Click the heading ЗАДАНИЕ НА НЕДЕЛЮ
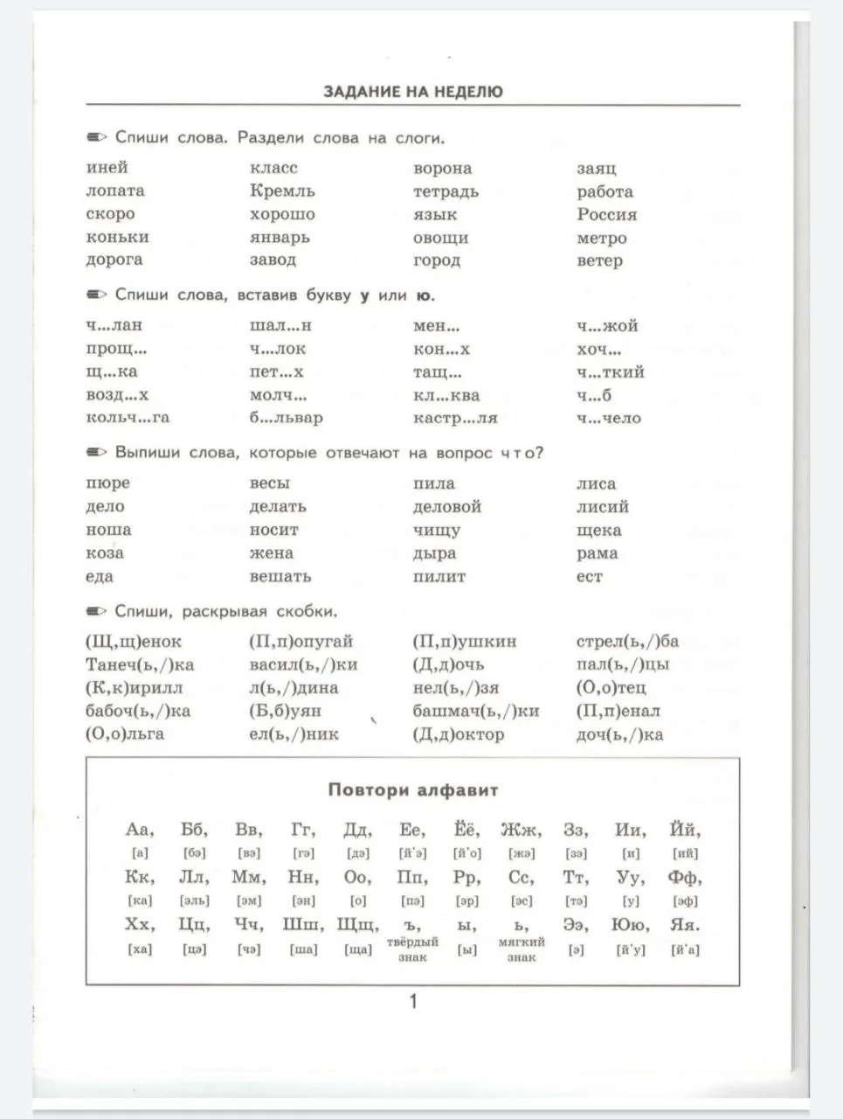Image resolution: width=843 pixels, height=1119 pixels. click(x=412, y=91)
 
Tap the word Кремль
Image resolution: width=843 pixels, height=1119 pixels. click(x=282, y=191)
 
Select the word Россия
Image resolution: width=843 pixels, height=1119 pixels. click(x=606, y=214)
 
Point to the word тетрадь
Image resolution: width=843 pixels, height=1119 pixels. click(x=446, y=191)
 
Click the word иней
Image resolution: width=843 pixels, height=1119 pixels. click(x=107, y=167)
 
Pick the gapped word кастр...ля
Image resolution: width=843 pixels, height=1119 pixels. click(x=455, y=418)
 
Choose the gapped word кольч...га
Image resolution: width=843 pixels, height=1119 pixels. click(x=128, y=418)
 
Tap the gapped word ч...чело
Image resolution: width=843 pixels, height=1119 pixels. click(x=608, y=418)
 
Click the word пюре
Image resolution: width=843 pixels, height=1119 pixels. click(x=107, y=483)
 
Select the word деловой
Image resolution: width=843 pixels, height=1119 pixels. click(x=446, y=506)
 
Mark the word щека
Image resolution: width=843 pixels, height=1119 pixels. click(x=598, y=530)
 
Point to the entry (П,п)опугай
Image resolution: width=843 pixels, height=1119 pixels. click(x=301, y=642)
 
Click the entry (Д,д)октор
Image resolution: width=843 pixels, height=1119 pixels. click(x=458, y=734)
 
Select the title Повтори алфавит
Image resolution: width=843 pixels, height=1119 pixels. click(x=412, y=790)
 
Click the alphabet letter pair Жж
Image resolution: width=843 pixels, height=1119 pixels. click(x=521, y=830)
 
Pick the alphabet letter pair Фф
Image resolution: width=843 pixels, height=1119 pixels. click(x=684, y=877)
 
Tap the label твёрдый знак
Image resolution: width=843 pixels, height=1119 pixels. click(x=412, y=949)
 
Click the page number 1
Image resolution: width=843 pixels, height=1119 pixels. click(x=413, y=1001)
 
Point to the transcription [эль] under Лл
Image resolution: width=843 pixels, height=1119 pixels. click(x=194, y=900)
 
